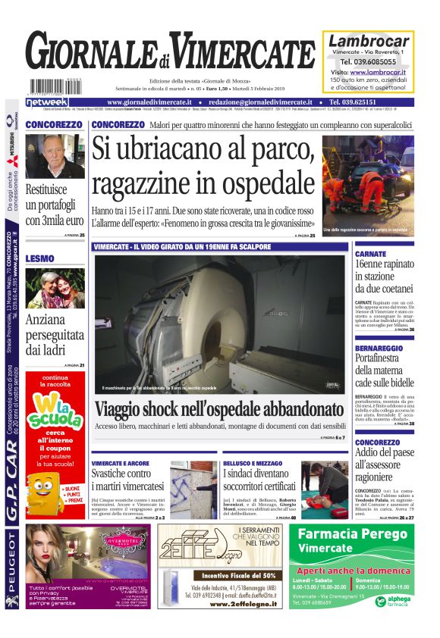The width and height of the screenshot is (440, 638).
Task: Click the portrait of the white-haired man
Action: [55, 156]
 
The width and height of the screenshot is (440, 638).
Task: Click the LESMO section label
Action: [40, 258]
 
